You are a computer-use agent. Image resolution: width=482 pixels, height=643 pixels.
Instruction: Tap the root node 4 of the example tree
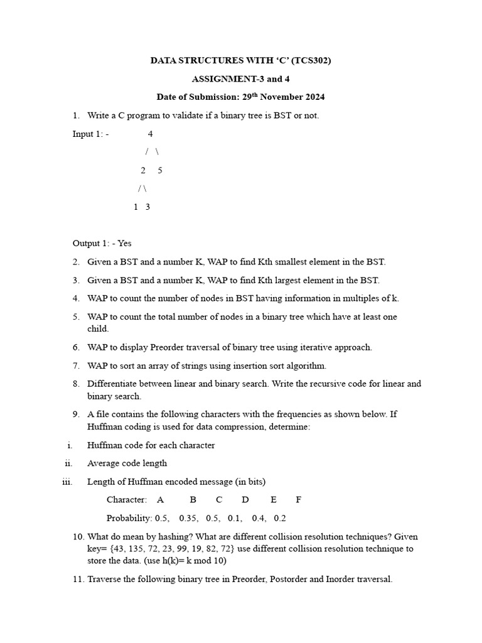click(x=151, y=134)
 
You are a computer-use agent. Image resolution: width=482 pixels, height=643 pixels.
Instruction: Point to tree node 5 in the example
click(x=160, y=170)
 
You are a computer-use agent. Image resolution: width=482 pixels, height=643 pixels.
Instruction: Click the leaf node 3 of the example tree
click(x=147, y=207)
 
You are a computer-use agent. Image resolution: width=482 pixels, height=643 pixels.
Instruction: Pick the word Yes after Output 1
click(x=124, y=243)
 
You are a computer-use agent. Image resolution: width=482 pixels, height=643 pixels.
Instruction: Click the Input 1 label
click(x=88, y=134)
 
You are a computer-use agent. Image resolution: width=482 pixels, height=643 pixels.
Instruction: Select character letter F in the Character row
click(x=299, y=500)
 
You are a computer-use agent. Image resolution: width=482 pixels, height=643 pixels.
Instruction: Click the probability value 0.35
click(x=189, y=518)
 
